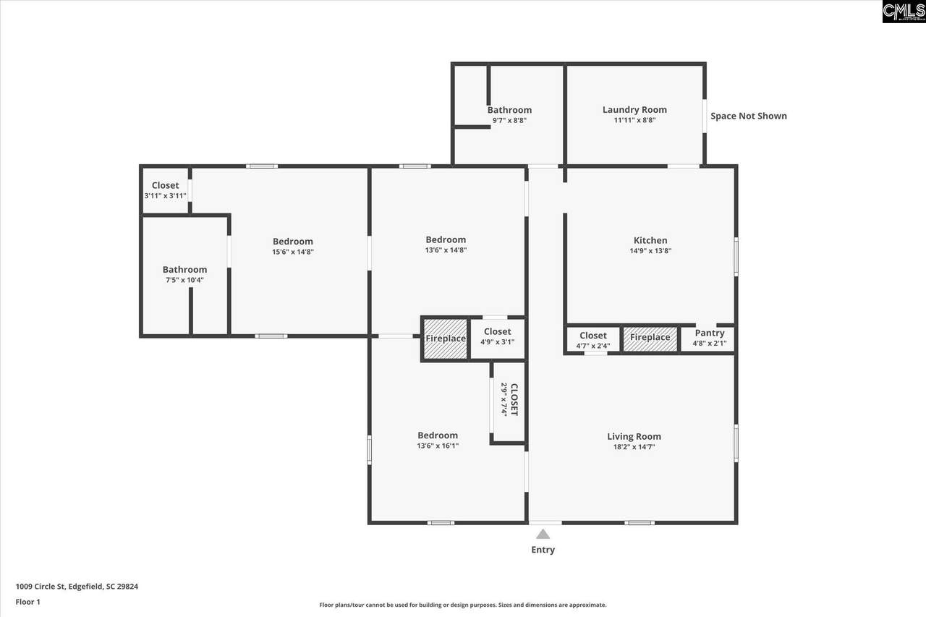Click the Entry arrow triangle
[x=543, y=535]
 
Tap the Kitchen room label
[x=650, y=240]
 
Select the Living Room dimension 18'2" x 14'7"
[x=634, y=447]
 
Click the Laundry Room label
[x=634, y=109]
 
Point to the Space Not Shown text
[x=749, y=116]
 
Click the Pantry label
[x=710, y=333]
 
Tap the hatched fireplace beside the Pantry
[x=650, y=339]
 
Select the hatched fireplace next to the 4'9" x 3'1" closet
[x=446, y=339]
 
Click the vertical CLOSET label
[x=514, y=399]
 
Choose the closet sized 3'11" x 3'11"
[x=166, y=190]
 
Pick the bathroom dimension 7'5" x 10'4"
[x=184, y=280]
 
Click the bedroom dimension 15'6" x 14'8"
[x=293, y=252]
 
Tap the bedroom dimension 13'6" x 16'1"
[x=438, y=446]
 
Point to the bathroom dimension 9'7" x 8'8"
[x=509, y=121]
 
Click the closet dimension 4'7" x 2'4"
[x=593, y=346]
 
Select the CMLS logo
[x=904, y=11]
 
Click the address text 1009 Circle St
[x=41, y=587]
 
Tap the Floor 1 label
[x=28, y=602]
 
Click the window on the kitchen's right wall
[x=736, y=257]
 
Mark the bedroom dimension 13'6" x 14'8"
[x=446, y=250]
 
